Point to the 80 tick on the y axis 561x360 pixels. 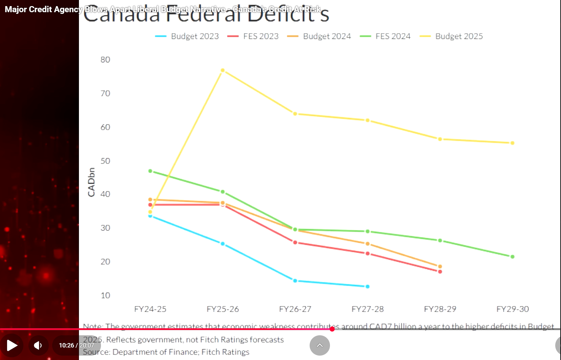(105, 60)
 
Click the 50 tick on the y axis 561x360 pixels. (105, 161)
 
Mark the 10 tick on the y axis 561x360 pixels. (105, 295)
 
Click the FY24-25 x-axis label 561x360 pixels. (150, 309)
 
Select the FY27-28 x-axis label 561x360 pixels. (368, 309)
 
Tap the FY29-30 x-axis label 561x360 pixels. (513, 309)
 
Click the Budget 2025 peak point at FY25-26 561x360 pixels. (223, 70)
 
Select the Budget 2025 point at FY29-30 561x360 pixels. (513, 143)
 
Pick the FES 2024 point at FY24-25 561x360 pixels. (150, 171)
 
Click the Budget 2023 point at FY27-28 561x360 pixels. (368, 287)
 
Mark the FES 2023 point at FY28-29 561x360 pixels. (440, 272)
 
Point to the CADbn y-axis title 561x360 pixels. (91, 182)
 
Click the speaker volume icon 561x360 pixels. (38, 345)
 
